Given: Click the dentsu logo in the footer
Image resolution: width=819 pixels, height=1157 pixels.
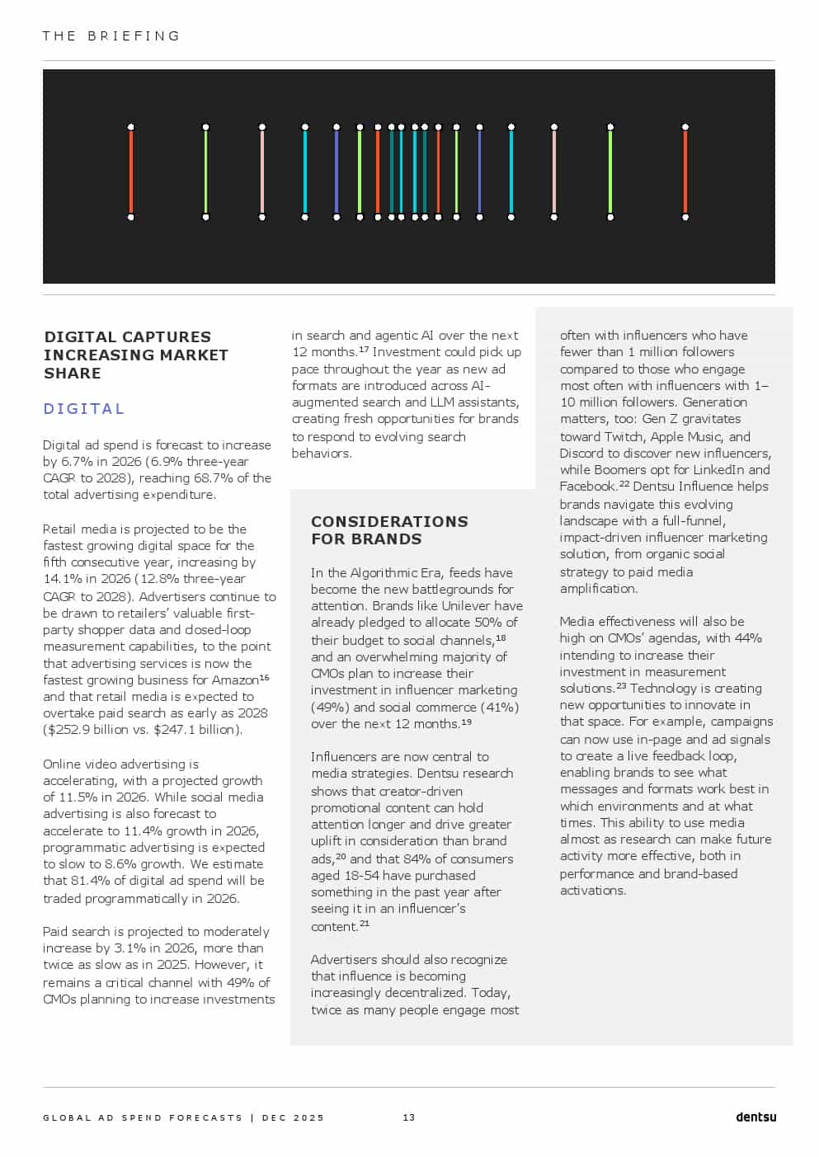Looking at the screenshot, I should pos(755,1117).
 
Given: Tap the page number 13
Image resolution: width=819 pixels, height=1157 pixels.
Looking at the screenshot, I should pos(409,1117).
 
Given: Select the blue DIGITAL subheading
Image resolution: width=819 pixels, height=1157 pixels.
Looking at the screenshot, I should pos(84,409).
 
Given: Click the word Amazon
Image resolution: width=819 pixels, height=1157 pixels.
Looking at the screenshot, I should pos(236,680).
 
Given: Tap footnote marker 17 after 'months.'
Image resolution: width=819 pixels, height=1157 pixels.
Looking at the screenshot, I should pos(364,350).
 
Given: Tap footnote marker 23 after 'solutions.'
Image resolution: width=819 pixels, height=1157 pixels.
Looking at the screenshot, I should pos(621,686).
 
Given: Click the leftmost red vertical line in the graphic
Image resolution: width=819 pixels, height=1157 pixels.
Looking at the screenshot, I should pos(131,172).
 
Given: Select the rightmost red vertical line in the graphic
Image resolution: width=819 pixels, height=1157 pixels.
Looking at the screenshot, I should pos(685,172).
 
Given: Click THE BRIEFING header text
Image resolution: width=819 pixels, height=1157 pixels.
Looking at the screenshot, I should pos(111,36).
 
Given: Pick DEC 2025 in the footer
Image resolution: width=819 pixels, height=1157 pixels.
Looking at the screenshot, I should pos(293,1118).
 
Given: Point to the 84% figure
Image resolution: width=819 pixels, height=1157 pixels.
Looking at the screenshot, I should pos(417,859).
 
